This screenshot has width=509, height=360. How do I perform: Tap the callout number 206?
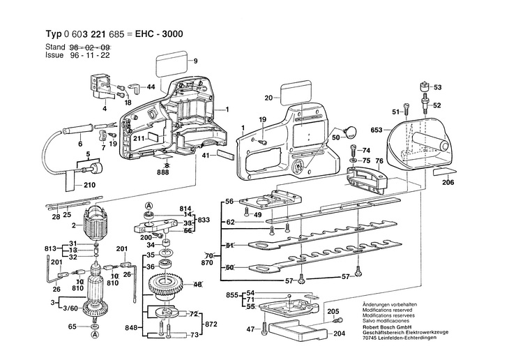(448, 182)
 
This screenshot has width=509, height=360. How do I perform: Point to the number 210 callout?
(89, 186)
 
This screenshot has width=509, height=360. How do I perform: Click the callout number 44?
(151, 87)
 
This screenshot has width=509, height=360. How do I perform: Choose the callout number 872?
(210, 325)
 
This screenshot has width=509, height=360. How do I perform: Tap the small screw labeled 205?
(336, 320)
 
